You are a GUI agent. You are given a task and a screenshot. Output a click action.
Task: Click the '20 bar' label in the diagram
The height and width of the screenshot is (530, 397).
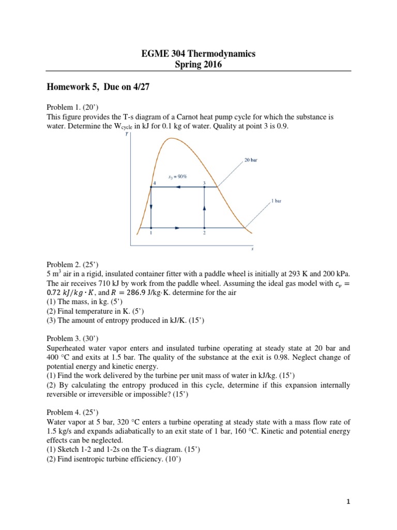[251, 160]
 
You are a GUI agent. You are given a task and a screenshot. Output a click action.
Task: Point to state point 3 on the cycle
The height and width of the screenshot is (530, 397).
[205, 187]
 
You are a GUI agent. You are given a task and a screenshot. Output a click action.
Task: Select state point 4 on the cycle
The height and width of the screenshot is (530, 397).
[151, 187]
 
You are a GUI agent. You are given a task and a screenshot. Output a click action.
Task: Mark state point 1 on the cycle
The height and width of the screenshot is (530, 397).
[151, 228]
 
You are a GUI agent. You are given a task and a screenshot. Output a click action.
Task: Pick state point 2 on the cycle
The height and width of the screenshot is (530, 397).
[205, 228]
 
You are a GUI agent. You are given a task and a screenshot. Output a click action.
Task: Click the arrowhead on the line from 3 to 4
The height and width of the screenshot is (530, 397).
[178, 187]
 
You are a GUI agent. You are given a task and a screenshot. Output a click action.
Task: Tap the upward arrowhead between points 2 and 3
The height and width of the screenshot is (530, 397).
[205, 208]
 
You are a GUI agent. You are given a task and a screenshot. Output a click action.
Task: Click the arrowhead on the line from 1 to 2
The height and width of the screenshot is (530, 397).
[179, 228]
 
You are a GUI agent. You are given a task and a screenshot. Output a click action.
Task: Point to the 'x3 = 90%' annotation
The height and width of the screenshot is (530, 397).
[177, 176]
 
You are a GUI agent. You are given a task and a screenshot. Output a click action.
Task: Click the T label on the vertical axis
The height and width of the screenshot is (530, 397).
[127, 134]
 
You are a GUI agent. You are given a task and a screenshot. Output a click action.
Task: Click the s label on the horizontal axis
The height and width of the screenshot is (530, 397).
[252, 249]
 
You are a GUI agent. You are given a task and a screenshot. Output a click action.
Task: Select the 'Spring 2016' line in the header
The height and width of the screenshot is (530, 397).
[198, 64]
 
